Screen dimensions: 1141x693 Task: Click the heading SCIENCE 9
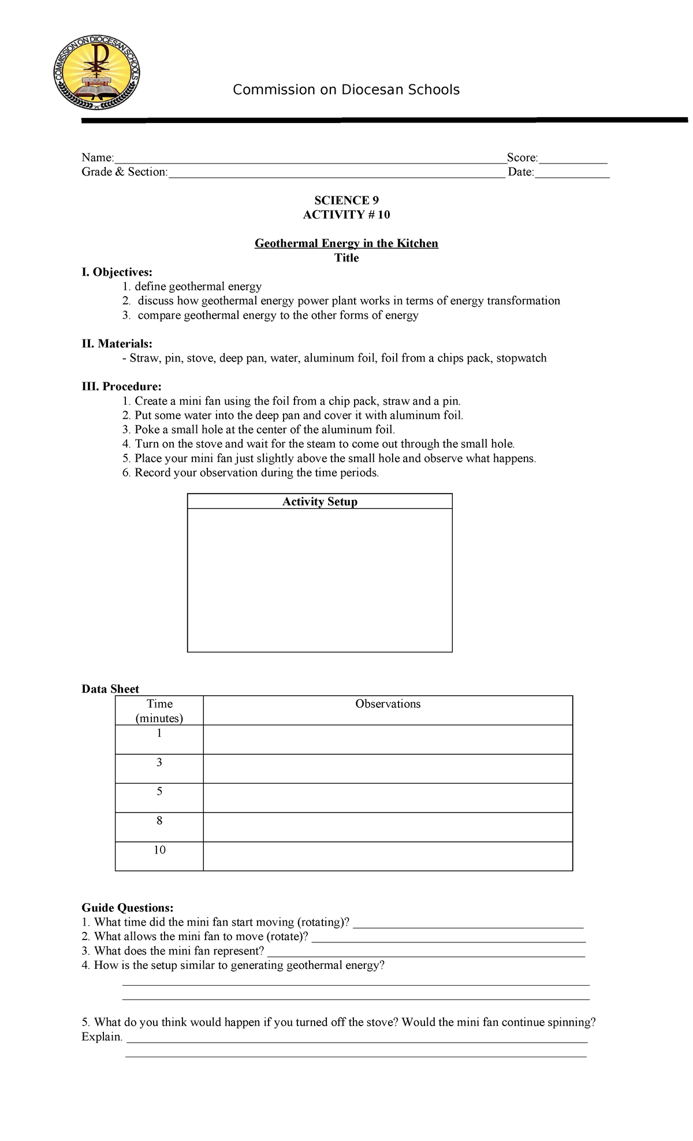[346, 200]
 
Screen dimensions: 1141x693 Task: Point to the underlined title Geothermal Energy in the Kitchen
[346, 243]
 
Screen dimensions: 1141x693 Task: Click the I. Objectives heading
[117, 272]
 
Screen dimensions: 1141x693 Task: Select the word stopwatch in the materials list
[521, 358]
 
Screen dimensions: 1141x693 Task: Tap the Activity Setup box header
[320, 502]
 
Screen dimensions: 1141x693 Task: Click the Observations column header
[388, 704]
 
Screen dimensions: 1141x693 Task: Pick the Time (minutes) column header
[159, 711]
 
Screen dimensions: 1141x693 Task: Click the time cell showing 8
[159, 821]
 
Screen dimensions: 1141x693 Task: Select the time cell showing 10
[159, 850]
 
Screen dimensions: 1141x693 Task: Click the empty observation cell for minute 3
[388, 769]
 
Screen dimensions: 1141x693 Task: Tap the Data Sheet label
[110, 689]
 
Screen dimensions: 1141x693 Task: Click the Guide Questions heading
[128, 908]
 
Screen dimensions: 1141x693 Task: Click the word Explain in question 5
[102, 1037]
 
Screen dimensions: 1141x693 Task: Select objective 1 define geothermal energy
[198, 286]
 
